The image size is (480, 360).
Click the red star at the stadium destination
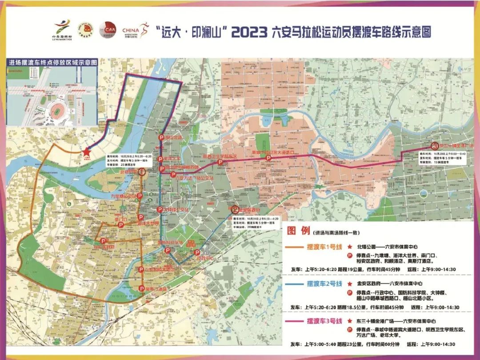pyautogui.click(x=86, y=152)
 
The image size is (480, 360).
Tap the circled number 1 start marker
pyautogui.click(x=142, y=172)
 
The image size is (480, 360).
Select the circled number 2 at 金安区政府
pyautogui.click(x=235, y=209)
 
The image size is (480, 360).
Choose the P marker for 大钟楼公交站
pyautogui.click(x=160, y=209)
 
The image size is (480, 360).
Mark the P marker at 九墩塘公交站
pyautogui.click(x=139, y=196)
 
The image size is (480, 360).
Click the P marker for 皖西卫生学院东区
pyautogui.click(x=220, y=163)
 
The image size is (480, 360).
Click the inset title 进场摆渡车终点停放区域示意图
pyautogui.click(x=53, y=63)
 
